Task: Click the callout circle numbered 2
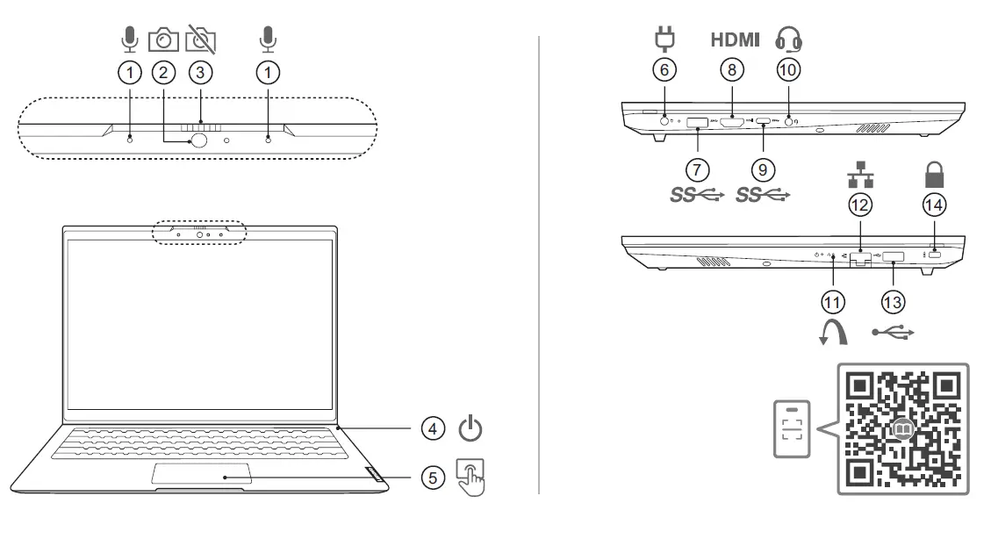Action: [x=163, y=74]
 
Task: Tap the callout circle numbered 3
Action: [x=200, y=74]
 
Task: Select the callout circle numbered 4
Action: [x=431, y=429]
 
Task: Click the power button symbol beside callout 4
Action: [x=471, y=429]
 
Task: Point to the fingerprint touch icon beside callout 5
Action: [x=471, y=476]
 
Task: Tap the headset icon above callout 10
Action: [x=789, y=40]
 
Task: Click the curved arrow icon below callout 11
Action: [x=833, y=333]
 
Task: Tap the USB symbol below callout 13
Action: [x=894, y=333]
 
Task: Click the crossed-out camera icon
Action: [x=201, y=40]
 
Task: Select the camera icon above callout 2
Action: [x=163, y=40]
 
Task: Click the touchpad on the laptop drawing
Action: [x=203, y=475]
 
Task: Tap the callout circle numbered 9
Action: [x=763, y=167]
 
